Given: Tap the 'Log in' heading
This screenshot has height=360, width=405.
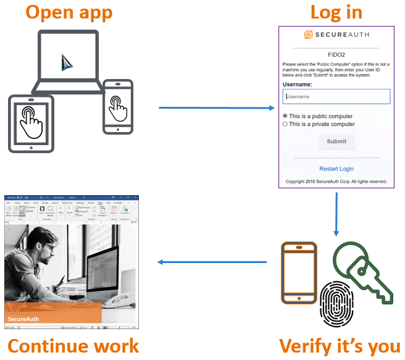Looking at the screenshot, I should click(x=336, y=13).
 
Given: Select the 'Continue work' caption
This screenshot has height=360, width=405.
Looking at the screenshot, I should click(x=73, y=346).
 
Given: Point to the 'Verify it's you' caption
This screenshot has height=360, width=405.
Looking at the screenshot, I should click(x=340, y=346).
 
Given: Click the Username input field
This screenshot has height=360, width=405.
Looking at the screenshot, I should click(x=336, y=96).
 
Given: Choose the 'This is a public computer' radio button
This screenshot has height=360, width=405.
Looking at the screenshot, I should click(x=285, y=116).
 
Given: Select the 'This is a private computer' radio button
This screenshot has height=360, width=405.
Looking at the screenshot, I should click(x=285, y=124).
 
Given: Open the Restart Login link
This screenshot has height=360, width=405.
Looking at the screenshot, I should click(x=336, y=169).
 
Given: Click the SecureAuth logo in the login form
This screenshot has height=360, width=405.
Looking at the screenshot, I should click(x=336, y=35).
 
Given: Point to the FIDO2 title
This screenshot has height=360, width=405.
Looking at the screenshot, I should click(x=336, y=54).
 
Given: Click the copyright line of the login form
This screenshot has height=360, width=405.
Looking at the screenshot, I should click(x=336, y=182).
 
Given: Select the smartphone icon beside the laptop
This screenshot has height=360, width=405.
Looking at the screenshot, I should click(x=117, y=106).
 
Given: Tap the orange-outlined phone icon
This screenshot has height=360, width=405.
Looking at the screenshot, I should click(x=299, y=272).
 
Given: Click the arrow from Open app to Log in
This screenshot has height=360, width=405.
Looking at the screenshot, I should click(x=216, y=108).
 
